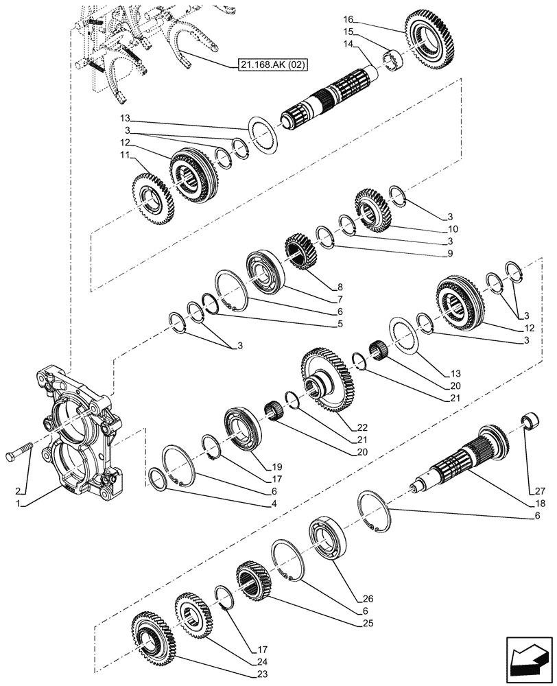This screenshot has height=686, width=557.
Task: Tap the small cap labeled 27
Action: tap(529, 421)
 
